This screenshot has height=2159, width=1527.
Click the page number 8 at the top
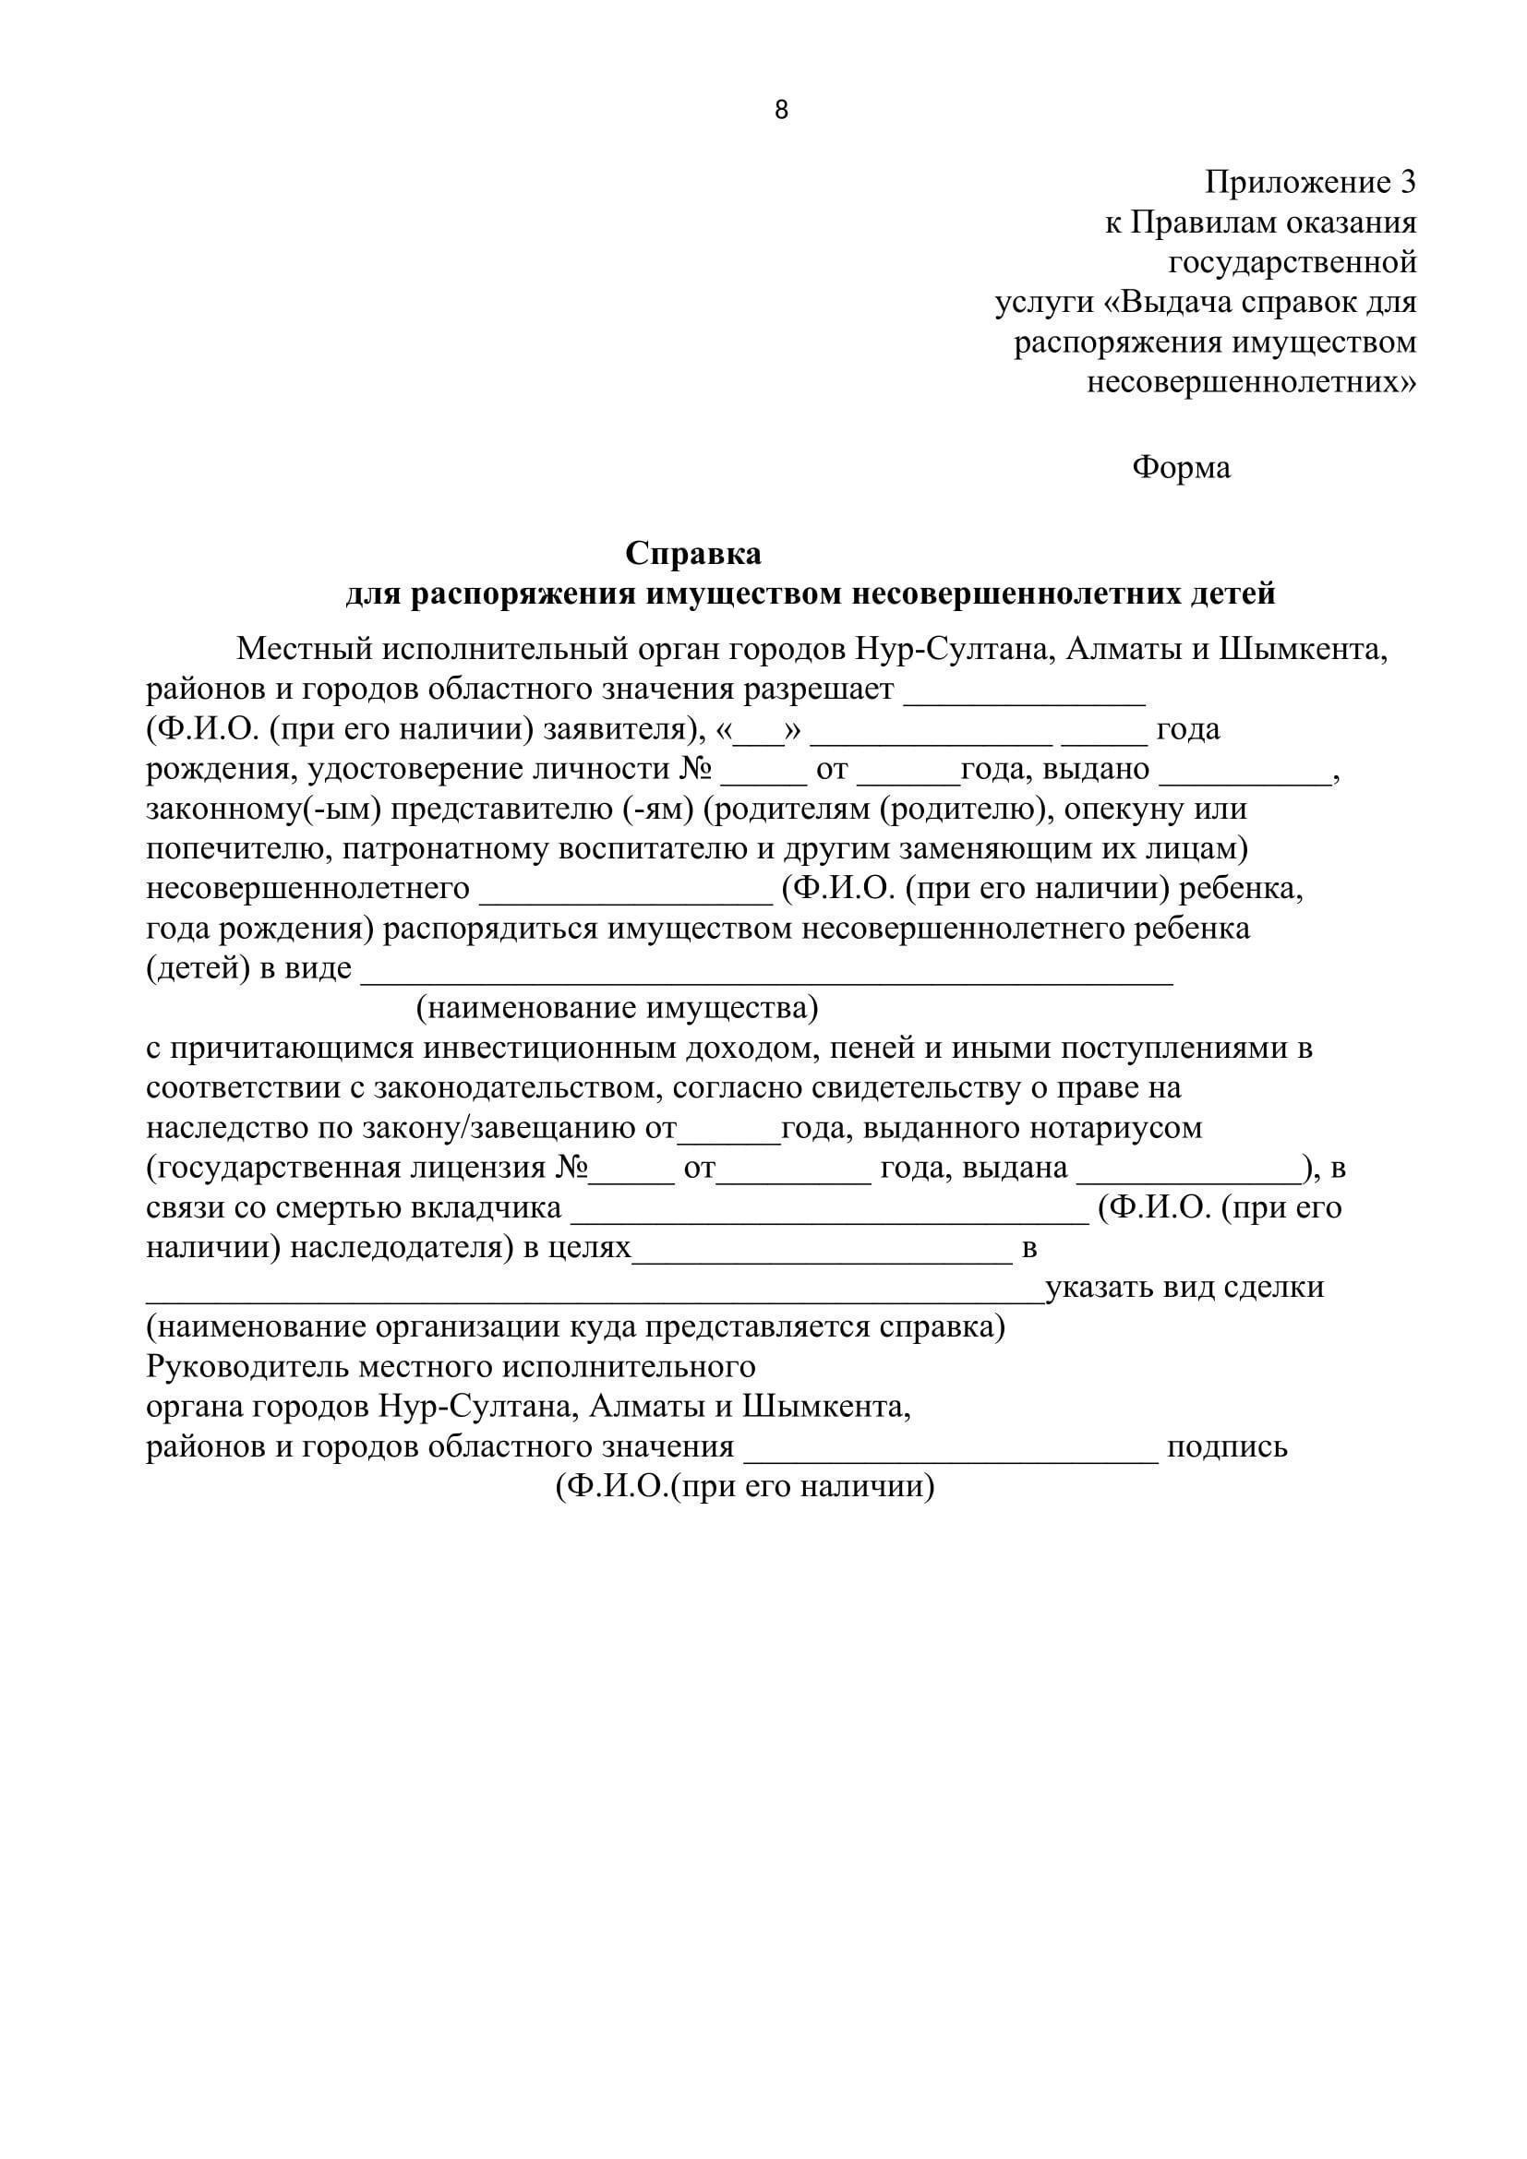point(781,110)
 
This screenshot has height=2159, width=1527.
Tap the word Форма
point(1181,466)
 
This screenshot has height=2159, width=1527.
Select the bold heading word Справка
point(693,553)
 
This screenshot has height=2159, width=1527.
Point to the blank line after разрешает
point(1024,700)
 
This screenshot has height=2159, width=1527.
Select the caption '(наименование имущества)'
point(618,1008)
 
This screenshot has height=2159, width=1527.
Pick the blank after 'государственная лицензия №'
point(631,1178)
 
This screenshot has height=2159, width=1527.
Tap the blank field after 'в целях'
point(821,1258)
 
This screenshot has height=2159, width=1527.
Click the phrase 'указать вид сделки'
point(1184,1287)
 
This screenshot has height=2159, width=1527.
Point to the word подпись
point(1227,1446)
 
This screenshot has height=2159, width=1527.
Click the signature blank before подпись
point(952,1458)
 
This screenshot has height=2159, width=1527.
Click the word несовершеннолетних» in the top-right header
point(1252,382)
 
